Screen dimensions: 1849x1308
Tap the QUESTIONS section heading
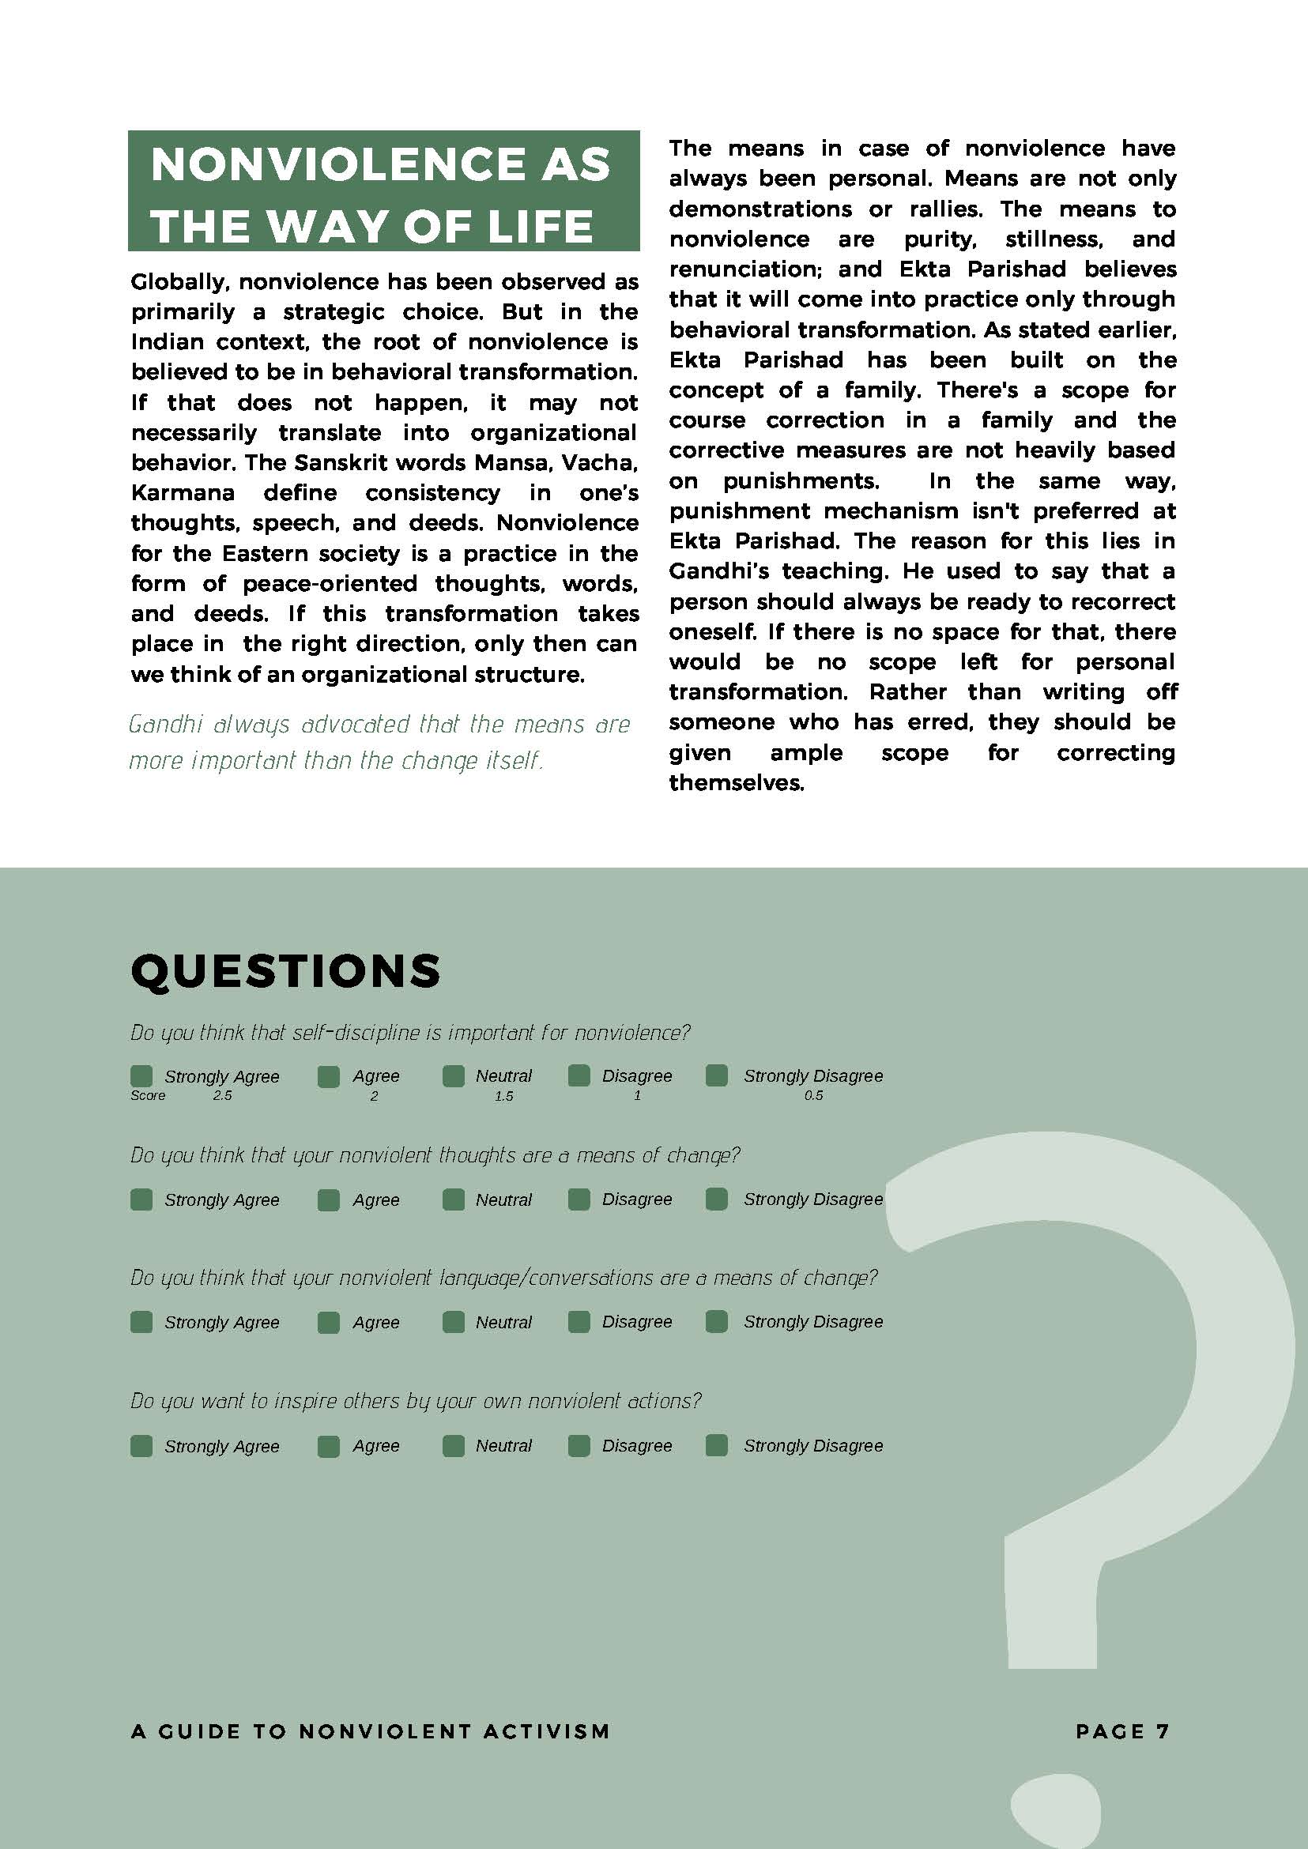[x=285, y=970]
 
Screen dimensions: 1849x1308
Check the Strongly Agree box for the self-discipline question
[x=141, y=1076]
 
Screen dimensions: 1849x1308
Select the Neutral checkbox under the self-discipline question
[x=454, y=1076]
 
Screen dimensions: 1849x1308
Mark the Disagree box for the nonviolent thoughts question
[x=579, y=1199]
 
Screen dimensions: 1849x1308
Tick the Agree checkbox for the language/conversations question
[x=329, y=1321]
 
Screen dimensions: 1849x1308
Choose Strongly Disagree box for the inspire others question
[x=717, y=1444]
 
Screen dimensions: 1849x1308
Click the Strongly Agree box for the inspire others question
[x=141, y=1445]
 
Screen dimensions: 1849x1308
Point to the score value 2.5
[x=222, y=1096]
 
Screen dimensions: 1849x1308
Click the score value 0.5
[x=813, y=1096]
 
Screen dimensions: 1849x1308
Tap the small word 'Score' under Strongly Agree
[x=149, y=1096]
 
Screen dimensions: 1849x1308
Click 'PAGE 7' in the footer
[x=1122, y=1730]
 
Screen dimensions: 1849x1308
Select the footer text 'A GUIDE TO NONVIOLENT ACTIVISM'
[x=371, y=1730]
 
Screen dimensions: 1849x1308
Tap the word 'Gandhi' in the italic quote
[x=164, y=725]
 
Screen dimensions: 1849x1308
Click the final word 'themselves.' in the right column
[x=737, y=783]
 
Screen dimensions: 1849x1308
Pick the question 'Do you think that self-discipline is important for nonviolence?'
[x=411, y=1034]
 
